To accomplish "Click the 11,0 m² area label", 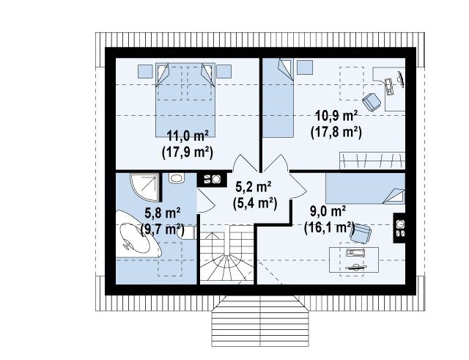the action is click(x=188, y=136).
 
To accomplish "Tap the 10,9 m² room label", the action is click(x=336, y=116).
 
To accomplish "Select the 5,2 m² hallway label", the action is click(x=254, y=187).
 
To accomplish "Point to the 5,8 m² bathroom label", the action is click(x=162, y=213).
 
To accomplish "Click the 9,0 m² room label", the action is click(x=328, y=212).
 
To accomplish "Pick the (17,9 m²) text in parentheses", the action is click(x=188, y=153).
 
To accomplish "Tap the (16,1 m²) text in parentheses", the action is click(x=329, y=228).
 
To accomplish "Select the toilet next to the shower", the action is click(x=177, y=178).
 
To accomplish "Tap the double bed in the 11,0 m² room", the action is click(x=185, y=100).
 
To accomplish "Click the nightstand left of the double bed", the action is click(x=145, y=71).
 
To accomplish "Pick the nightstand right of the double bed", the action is click(x=224, y=71).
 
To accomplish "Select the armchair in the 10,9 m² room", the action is click(x=372, y=102).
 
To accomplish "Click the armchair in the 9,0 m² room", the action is click(x=361, y=234).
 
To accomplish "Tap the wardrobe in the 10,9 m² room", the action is click(x=372, y=161).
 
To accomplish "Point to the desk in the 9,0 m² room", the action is click(x=354, y=260).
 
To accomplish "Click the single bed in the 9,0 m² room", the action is click(x=366, y=188).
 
